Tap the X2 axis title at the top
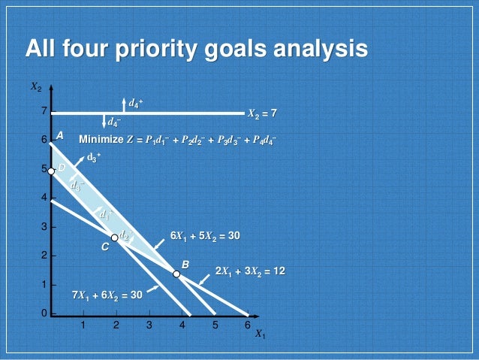coord(36,87)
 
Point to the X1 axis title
coord(260,334)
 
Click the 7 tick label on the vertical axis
coord(44,111)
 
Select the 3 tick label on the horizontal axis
coord(149,325)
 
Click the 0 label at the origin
coord(44,313)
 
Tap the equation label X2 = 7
coord(263,113)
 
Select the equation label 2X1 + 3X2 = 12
coord(250,271)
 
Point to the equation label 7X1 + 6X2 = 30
coord(107,295)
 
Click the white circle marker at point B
coord(176,274)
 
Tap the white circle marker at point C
coord(115,237)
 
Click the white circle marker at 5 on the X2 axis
coord(52,171)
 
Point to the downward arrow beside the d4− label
coord(104,120)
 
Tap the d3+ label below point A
coord(93,157)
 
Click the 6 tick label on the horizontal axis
coord(247,325)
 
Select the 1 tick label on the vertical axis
coord(44,284)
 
